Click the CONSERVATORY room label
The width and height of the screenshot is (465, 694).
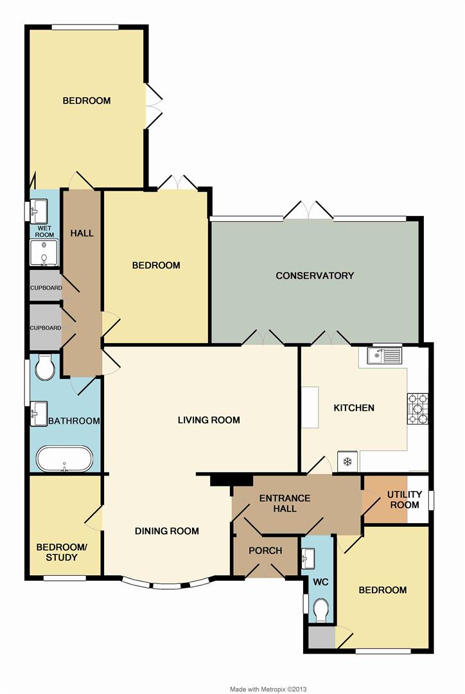(315, 276)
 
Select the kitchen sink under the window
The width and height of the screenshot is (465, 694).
(383, 355)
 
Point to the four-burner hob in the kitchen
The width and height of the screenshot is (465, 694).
(417, 409)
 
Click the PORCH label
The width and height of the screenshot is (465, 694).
(265, 551)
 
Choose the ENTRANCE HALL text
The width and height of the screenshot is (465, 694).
(285, 503)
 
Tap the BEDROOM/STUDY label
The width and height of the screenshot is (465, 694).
(61, 552)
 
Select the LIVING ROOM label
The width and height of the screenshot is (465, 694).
(209, 420)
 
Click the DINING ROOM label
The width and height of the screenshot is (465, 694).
(166, 531)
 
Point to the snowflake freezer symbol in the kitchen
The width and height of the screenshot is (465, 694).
(347, 461)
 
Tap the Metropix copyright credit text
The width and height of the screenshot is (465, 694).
(268, 689)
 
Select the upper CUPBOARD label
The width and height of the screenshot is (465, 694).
(46, 288)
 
